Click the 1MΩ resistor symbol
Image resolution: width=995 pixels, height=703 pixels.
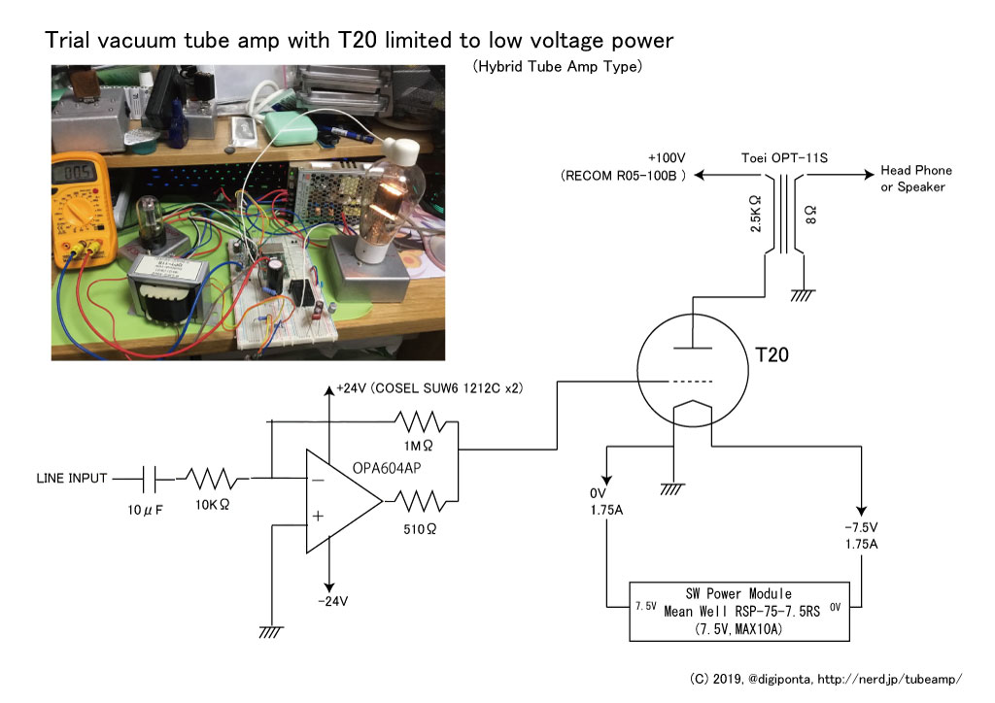tap(419, 421)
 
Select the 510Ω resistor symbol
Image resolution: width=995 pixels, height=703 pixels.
tap(419, 501)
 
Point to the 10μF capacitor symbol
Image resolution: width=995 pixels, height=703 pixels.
tap(150, 479)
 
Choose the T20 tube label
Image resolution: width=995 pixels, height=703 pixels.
tap(772, 354)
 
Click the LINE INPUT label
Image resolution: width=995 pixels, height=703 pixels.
tap(72, 478)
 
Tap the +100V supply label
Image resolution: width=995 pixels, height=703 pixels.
tap(667, 158)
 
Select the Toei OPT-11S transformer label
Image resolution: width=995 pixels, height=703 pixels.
tap(784, 158)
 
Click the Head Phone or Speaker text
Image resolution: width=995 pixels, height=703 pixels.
tap(915, 178)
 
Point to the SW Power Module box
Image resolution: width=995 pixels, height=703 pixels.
tap(739, 611)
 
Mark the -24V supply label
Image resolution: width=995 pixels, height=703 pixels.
tap(332, 601)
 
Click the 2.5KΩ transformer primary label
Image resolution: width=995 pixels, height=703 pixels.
tap(755, 214)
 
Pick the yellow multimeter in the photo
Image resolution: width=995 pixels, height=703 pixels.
tap(83, 209)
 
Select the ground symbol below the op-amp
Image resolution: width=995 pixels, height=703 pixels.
tap(270, 632)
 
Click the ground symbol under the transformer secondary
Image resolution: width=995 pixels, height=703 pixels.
tap(803, 295)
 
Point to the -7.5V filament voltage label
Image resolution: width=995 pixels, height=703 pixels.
tap(861, 527)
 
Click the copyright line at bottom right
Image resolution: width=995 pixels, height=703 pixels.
tap(826, 679)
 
